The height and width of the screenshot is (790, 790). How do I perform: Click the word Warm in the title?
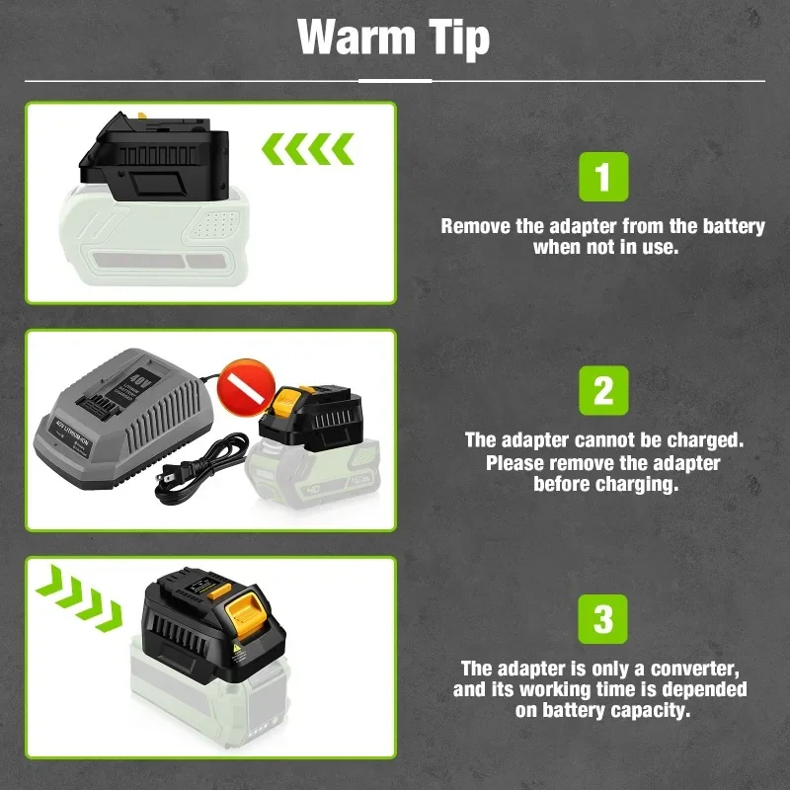pos(356,37)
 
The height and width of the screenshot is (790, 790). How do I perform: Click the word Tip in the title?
pos(459,39)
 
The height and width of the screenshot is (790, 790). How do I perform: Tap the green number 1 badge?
pos(603,177)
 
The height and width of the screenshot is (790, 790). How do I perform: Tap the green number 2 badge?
pos(603,390)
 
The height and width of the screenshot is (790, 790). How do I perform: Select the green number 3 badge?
pos(602,619)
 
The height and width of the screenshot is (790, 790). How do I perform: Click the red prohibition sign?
pos(246,388)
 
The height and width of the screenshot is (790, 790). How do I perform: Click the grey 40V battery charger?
pos(122,418)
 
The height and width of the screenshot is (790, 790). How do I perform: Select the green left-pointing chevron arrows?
pos(308,149)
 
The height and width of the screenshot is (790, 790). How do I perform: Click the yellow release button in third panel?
pos(244,614)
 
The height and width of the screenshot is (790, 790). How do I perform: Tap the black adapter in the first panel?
pos(154,157)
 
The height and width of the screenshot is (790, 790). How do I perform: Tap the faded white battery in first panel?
pos(154,237)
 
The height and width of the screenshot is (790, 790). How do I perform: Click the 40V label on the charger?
pos(138,377)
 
